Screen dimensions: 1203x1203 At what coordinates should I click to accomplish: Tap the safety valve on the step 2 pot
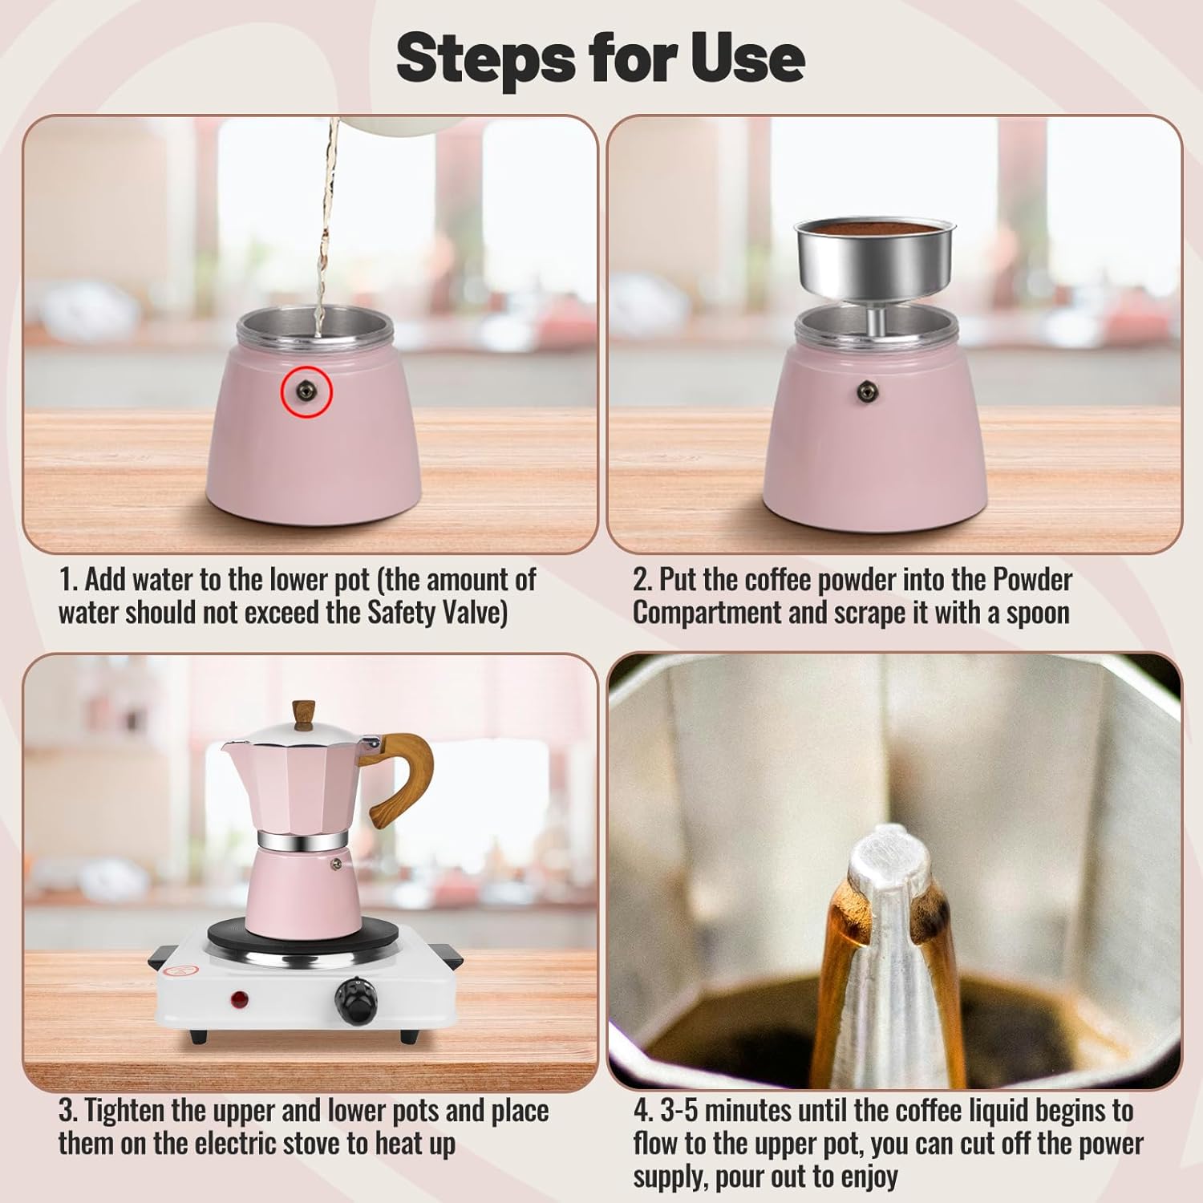865,391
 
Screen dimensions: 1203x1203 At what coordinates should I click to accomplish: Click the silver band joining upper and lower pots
302,840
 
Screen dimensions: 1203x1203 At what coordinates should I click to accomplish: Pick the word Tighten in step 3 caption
125,1112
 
